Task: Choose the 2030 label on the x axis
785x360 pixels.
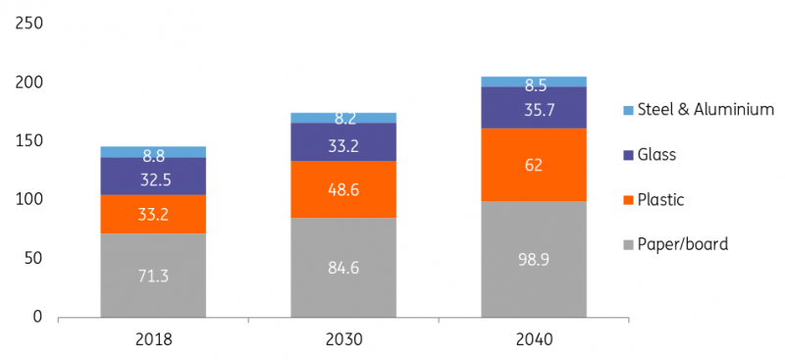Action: pyautogui.click(x=343, y=339)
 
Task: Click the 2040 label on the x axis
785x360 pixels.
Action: pyautogui.click(x=532, y=339)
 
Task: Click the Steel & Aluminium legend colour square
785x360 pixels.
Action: pyautogui.click(x=626, y=110)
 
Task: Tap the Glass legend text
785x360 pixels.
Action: pyautogui.click(x=656, y=155)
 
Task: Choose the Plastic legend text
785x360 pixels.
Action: pyautogui.click(x=660, y=200)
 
